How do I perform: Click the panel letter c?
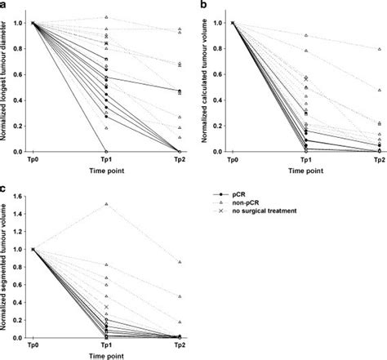click(x=4, y=189)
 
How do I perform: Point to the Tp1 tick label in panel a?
click(x=106, y=161)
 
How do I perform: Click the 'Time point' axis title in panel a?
click(x=106, y=172)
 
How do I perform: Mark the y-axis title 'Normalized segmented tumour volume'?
click(x=7, y=266)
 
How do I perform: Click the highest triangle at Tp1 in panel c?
click(x=107, y=204)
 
